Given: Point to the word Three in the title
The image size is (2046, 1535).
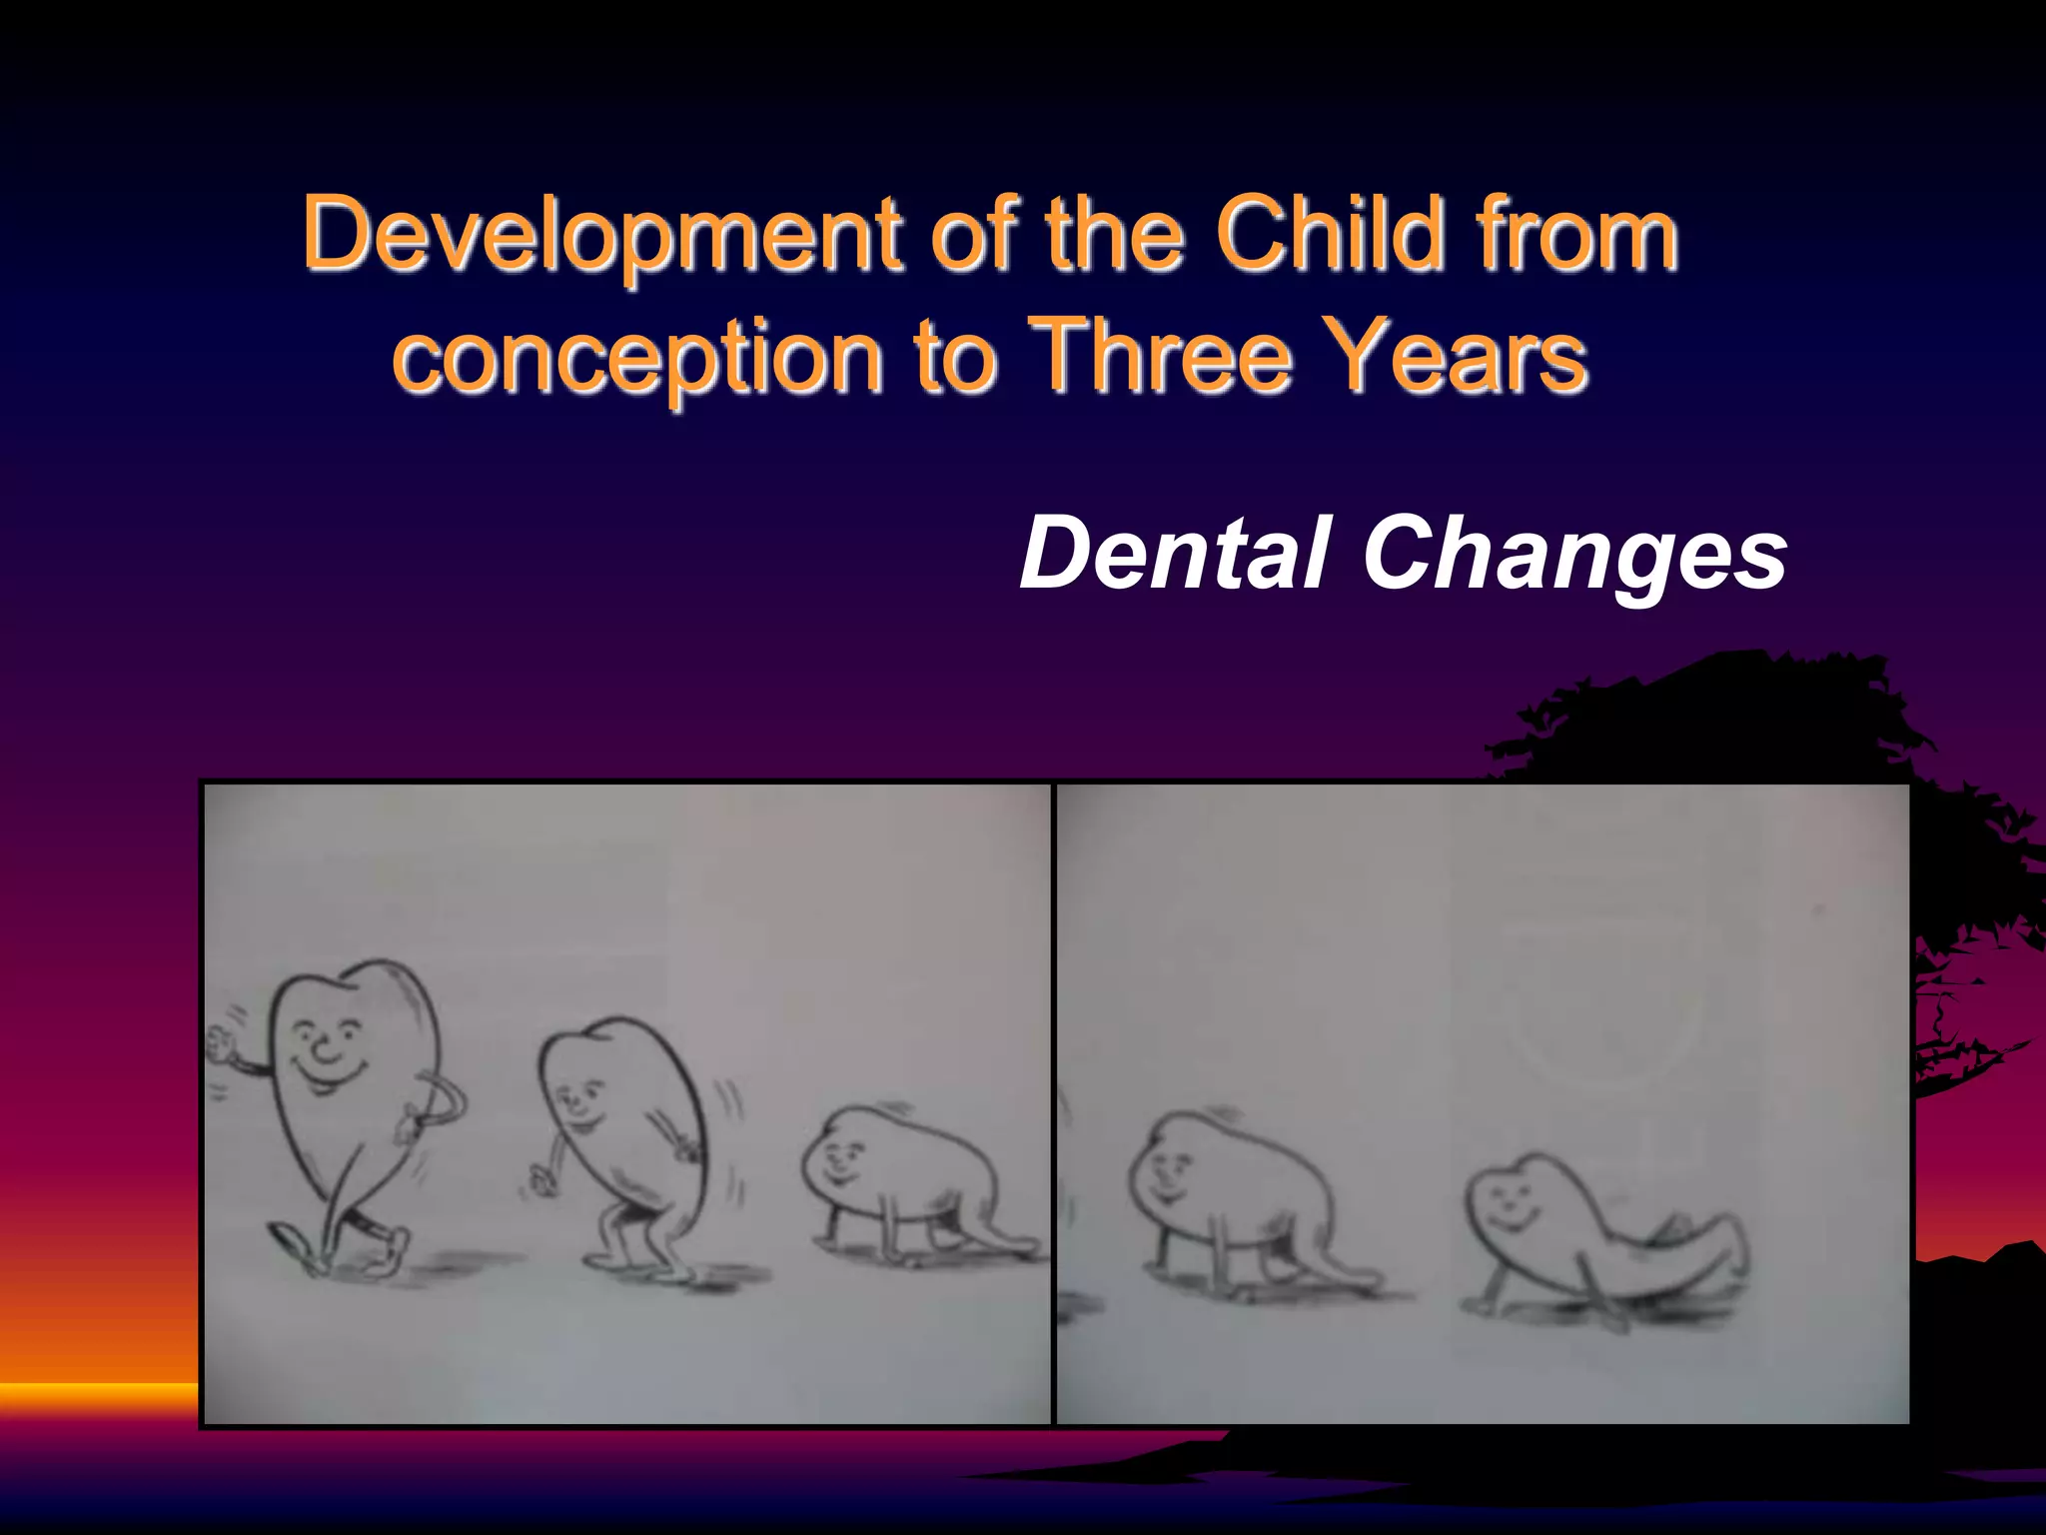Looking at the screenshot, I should pyautogui.click(x=1163, y=356).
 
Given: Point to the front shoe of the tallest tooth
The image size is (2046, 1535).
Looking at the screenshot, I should pyautogui.click(x=290, y=1245).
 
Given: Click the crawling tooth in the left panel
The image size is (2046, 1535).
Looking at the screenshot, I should pyautogui.click(x=909, y=1179).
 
